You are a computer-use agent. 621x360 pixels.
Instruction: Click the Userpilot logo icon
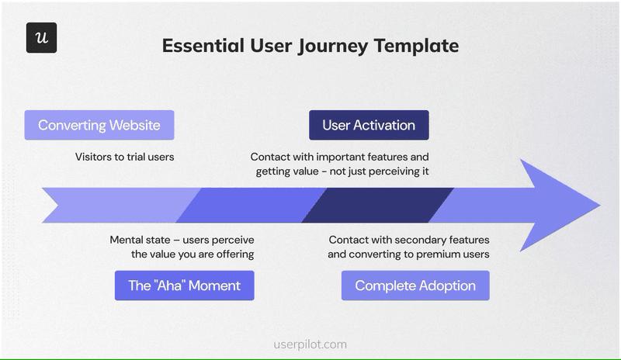(x=41, y=38)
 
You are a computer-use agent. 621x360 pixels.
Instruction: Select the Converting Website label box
(x=99, y=125)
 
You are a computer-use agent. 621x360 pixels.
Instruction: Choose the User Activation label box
(x=369, y=125)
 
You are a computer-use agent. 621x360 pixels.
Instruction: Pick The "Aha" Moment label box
(x=184, y=286)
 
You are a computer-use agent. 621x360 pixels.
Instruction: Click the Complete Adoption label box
(x=415, y=286)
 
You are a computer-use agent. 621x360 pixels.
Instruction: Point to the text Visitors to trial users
(x=124, y=157)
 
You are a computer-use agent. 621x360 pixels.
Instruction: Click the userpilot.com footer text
(x=310, y=344)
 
